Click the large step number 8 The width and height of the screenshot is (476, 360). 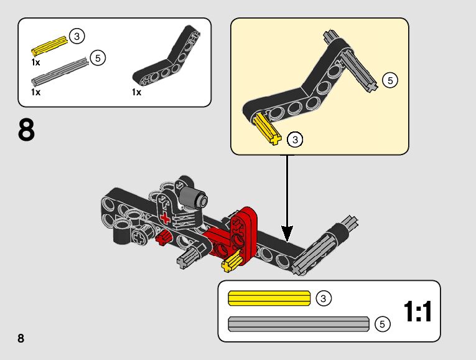coord(27,131)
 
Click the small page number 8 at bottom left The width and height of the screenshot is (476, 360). coord(21,338)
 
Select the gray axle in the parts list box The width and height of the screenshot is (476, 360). coord(60,73)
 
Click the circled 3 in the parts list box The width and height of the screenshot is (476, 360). coord(77,36)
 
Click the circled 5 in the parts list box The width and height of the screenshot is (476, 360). coord(97,58)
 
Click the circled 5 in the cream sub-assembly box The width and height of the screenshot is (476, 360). coord(390,80)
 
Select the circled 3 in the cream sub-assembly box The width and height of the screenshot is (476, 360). coord(296,139)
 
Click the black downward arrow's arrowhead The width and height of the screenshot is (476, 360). coord(287,235)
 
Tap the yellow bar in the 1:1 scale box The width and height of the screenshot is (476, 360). coord(269,298)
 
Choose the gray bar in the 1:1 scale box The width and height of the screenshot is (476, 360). coord(299,324)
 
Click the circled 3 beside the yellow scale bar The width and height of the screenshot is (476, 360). coord(323,298)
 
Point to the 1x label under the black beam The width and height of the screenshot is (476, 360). coord(137,92)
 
